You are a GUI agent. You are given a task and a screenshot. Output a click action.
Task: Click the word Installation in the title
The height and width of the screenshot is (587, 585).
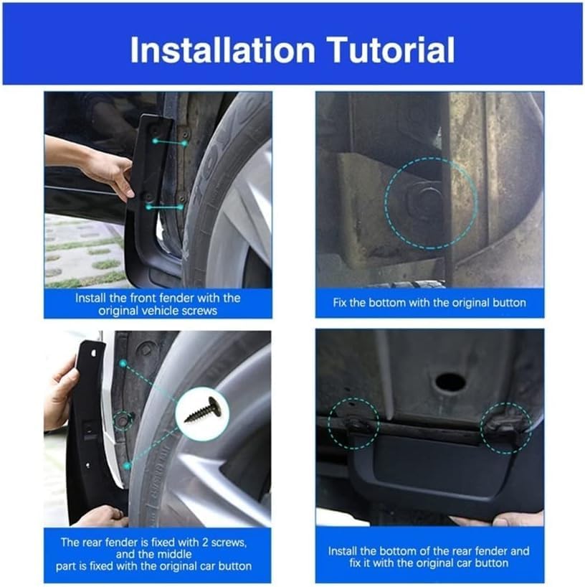coord(222,50)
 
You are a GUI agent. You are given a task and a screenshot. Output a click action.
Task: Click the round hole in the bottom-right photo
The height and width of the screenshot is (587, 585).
coord(450,382)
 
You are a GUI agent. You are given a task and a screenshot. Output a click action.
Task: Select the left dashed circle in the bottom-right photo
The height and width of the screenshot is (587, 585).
coord(353,425)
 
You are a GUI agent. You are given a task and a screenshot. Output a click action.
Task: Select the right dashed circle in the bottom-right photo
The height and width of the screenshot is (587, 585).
coord(506,428)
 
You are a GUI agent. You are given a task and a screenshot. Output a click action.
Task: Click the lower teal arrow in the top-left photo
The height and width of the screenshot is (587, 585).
coord(165,207)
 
